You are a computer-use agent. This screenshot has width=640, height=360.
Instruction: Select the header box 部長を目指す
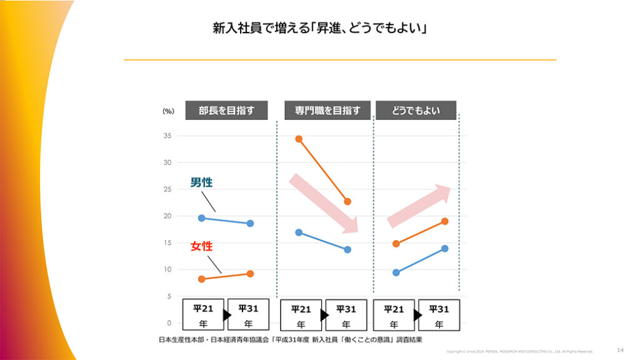[226, 111]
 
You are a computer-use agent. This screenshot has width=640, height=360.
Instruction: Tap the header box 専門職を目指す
[327, 111]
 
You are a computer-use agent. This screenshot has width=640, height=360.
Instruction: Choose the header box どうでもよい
[416, 111]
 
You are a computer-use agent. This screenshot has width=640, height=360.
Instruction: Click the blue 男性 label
[201, 182]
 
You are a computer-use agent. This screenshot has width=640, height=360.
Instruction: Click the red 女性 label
[201, 246]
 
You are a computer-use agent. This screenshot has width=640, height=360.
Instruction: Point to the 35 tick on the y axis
[167, 136]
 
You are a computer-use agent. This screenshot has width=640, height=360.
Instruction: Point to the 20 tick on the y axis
[167, 216]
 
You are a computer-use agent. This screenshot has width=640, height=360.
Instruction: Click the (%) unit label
[168, 111]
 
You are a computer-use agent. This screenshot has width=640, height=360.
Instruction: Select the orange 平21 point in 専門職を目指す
[299, 139]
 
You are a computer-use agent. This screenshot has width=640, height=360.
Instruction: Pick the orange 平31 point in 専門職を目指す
[347, 202]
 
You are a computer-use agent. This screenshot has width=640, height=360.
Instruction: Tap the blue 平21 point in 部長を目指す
[201, 218]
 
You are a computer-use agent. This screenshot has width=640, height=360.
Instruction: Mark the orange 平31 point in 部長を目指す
[250, 274]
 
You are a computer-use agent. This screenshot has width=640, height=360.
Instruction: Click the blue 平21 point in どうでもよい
[396, 272]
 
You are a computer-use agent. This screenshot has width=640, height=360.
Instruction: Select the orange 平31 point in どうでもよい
[444, 221]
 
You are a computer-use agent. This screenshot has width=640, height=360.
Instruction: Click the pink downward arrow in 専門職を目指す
[323, 204]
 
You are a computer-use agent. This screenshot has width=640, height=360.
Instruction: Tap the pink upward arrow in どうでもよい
[419, 206]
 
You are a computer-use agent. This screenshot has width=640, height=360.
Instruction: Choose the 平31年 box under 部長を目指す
[249, 316]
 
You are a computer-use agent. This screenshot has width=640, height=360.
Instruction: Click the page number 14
[620, 350]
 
